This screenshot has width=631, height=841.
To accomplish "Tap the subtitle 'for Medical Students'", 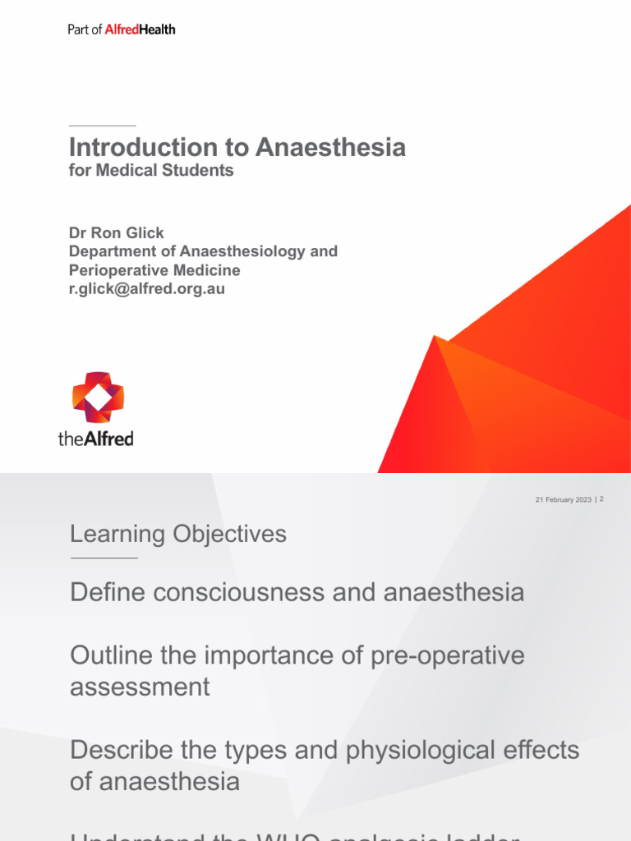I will (151, 171).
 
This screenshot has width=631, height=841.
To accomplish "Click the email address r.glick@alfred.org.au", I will (147, 289).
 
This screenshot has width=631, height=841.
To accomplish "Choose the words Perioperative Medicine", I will (154, 270).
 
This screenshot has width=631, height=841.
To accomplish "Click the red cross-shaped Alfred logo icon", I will (98, 397).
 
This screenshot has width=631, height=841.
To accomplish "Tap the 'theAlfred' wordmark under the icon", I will (95, 439).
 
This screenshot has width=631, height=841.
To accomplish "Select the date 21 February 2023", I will (563, 499).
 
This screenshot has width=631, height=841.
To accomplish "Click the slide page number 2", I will (602, 499).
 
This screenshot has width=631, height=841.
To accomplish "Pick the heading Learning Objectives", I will (178, 534).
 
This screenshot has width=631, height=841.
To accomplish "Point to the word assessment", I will (140, 686).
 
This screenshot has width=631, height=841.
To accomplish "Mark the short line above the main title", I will (102, 126).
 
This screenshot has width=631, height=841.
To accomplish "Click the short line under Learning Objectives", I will (104, 558).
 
